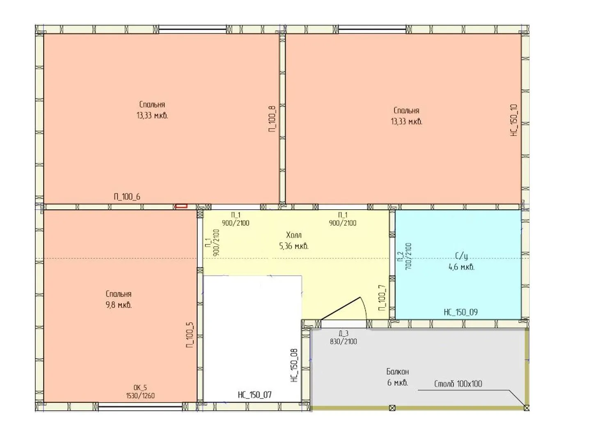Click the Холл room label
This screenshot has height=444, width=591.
coord(294,235)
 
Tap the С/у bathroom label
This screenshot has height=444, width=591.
coord(461,256)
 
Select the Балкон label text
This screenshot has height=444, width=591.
coord(397,372)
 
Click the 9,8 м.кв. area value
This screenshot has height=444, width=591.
coord(119,305)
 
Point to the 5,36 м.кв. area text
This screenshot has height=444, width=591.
coord(294,246)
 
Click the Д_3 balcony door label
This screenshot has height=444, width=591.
coord(343,334)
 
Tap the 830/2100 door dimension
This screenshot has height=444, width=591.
coord(343,342)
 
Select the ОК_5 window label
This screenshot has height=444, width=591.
coord(140,388)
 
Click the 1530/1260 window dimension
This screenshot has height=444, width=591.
coord(140,395)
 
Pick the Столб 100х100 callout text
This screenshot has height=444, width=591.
coord(458,384)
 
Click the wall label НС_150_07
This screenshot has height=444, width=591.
coord(255,395)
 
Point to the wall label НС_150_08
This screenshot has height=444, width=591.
coord(294,365)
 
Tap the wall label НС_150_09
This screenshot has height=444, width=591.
coord(460,312)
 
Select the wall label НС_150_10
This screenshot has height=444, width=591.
coord(514,120)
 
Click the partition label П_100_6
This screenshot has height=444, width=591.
coord(127,197)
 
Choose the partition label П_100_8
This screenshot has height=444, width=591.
coord(272,119)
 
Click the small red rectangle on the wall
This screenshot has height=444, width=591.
coord(181,206)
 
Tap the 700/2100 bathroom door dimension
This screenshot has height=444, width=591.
coord(408,257)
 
